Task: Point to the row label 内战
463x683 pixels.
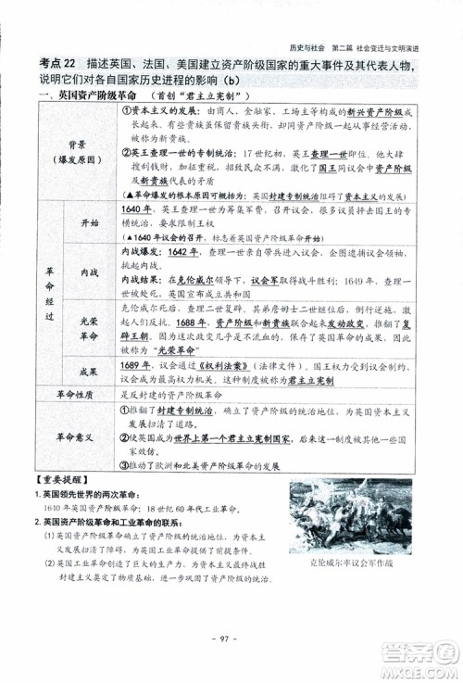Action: [90, 273]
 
